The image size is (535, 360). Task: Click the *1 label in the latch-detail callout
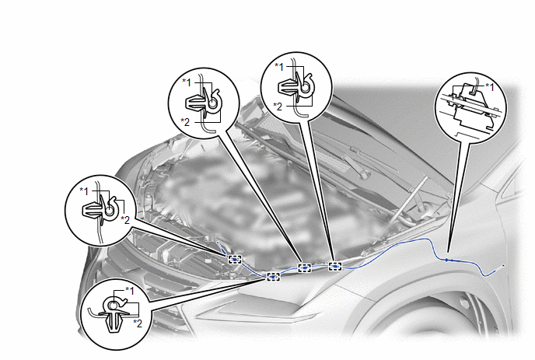coord(490,87)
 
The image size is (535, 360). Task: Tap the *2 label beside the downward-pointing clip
coord(138,323)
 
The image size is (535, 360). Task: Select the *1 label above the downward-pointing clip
coord(130,290)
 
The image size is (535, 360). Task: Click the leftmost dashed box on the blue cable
coord(235,260)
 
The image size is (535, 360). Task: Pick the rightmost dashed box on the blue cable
coord(335,266)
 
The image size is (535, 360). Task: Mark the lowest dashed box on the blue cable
coord(273,277)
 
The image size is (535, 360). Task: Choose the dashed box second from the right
coord(305,268)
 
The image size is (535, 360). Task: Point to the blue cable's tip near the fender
coord(504,265)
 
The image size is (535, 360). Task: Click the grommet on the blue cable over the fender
coord(447,260)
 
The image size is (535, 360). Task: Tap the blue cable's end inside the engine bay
coord(218,243)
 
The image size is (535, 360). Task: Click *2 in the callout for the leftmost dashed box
coord(125,220)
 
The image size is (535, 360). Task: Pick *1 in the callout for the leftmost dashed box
coord(84,191)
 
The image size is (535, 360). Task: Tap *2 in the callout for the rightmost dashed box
coord(278,107)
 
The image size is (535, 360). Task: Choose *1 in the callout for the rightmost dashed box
coord(279,67)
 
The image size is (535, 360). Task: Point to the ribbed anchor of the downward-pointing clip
coord(114,323)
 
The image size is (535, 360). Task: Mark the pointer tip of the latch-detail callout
coord(448,253)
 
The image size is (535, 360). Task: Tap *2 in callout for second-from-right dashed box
coord(186,122)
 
